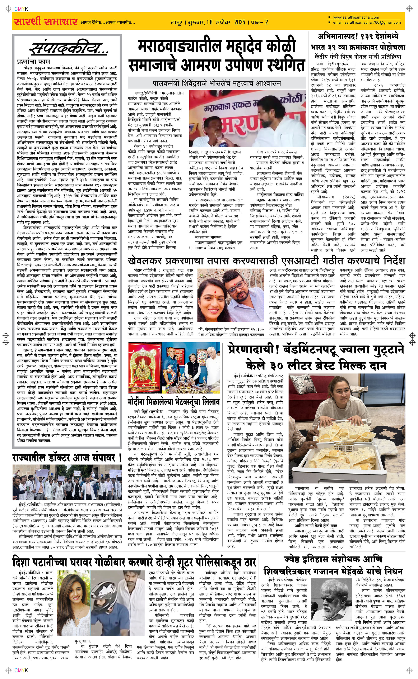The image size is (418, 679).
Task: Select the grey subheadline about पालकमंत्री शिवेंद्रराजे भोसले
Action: point(217,83)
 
